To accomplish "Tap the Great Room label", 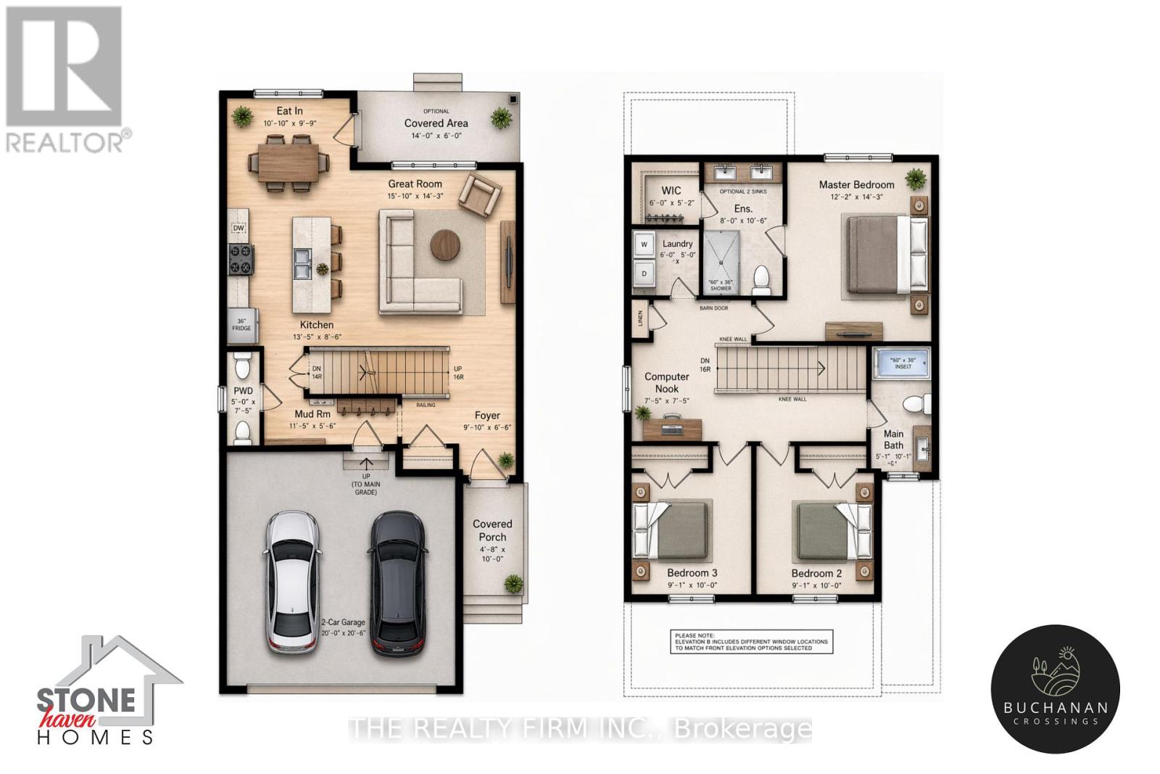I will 415,184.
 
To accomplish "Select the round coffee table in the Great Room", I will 445,244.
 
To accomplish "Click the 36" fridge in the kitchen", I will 241,325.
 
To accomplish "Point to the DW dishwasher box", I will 239,228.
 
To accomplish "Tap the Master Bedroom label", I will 856,185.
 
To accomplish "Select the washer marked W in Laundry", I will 644,245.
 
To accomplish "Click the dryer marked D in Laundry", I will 644,273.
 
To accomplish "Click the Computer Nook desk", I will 672,429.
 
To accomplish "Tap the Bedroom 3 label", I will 692,573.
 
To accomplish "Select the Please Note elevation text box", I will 750,641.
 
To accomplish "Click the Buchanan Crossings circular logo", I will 1055,688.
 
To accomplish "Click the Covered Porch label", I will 492,530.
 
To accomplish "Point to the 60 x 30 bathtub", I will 902,363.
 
